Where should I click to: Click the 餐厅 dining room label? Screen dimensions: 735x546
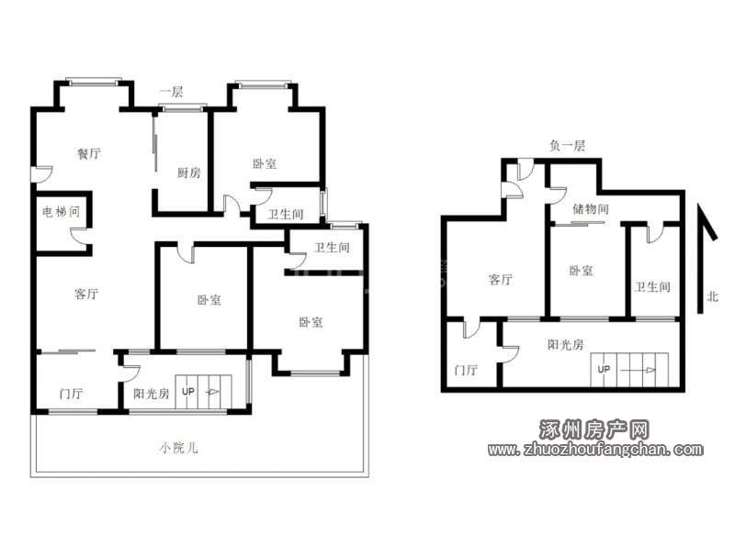(88, 153)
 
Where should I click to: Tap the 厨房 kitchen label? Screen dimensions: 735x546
(189, 173)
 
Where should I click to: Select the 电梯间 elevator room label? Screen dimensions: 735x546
(61, 212)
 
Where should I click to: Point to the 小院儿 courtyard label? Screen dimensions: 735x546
(178, 448)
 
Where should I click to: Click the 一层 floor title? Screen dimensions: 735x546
(171, 92)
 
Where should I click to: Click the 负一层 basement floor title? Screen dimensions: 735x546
(567, 146)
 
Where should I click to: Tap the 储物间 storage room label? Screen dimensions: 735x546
(591, 209)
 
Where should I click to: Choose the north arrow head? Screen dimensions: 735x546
(707, 221)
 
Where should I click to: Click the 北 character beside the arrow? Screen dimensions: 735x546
(713, 296)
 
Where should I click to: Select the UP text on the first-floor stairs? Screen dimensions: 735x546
(188, 392)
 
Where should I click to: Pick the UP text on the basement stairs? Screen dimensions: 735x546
(604, 369)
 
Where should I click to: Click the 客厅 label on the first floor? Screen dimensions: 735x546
(86, 294)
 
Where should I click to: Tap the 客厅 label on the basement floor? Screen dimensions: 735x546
(500, 280)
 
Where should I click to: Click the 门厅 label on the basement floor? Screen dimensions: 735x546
(466, 370)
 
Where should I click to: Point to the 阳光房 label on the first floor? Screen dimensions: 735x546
(151, 394)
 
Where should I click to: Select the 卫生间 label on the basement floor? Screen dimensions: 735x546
(652, 286)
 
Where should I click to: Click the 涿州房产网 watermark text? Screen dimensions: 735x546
(594, 429)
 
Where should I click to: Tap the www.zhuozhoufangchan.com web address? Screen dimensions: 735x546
(595, 450)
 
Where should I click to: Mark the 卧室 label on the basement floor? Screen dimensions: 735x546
(581, 271)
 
